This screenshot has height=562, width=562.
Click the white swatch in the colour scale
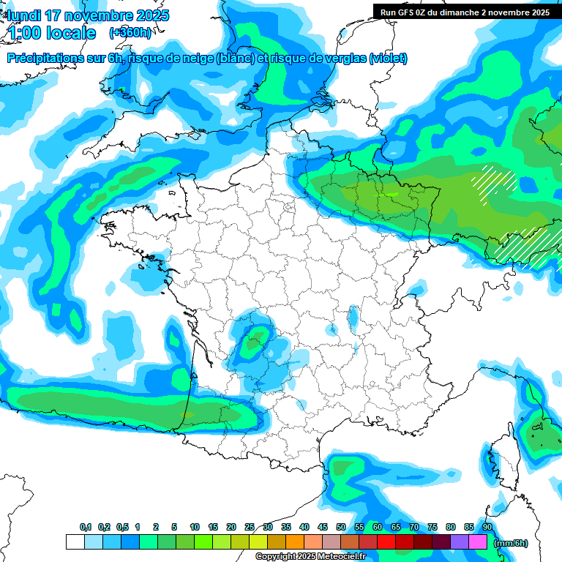(75, 542)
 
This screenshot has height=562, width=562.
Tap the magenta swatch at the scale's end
(478, 542)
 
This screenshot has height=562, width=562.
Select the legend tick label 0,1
(86, 528)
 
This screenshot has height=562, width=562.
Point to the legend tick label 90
(487, 528)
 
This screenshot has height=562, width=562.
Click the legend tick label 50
(341, 528)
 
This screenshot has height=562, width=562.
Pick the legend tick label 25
(250, 528)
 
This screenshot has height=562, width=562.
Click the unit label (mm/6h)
(510, 543)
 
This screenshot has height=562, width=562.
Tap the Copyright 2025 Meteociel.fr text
(310, 557)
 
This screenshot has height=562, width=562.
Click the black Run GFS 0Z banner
(465, 12)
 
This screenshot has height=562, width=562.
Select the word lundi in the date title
(25, 15)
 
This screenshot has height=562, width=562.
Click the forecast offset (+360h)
(130, 33)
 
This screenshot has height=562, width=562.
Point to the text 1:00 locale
(51, 33)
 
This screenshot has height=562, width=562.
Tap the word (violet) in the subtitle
(389, 59)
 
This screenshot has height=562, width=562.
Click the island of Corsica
(504, 457)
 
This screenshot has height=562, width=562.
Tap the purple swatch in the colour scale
(460, 542)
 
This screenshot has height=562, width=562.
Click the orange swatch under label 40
(295, 542)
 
